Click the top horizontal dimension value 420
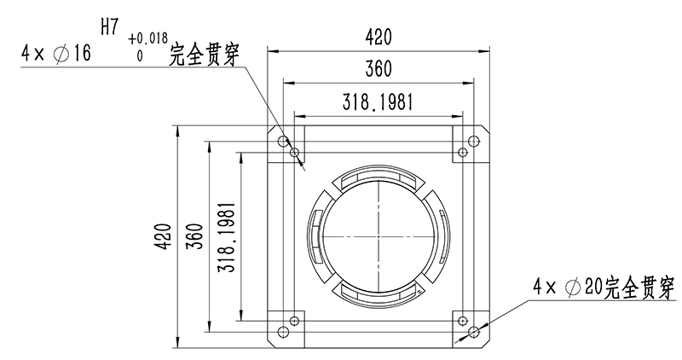[x=378, y=37]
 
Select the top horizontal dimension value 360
[x=378, y=69]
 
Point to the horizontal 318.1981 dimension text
[x=378, y=102]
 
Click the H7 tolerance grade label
[x=109, y=26]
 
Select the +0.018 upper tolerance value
[x=148, y=38]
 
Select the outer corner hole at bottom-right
[x=472, y=331]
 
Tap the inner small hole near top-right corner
[x=462, y=153]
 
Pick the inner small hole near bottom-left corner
[x=295, y=321]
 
